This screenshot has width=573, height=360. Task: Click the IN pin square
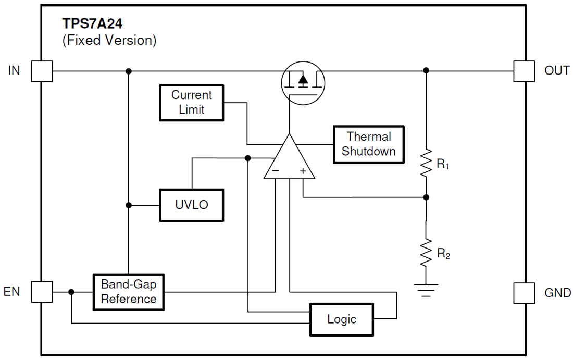tap(42, 71)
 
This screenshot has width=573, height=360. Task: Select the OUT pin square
tap(524, 71)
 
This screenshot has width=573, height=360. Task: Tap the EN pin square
tap(42, 292)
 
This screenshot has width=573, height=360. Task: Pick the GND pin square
tap(524, 293)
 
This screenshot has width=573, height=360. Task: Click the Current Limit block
tap(192, 103)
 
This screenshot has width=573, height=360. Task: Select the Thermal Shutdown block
tap(369, 144)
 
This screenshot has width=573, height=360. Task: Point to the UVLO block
tap(192, 205)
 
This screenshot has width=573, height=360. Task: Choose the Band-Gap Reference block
tap(128, 292)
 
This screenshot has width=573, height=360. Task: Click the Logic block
tap(342, 319)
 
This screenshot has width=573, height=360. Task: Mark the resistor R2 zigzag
tap(426, 252)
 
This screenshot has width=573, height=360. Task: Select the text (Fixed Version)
tap(109, 40)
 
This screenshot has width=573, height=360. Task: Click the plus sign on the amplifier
tap(303, 171)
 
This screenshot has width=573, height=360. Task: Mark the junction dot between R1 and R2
tap(426, 197)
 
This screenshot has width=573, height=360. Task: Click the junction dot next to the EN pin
tap(71, 292)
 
